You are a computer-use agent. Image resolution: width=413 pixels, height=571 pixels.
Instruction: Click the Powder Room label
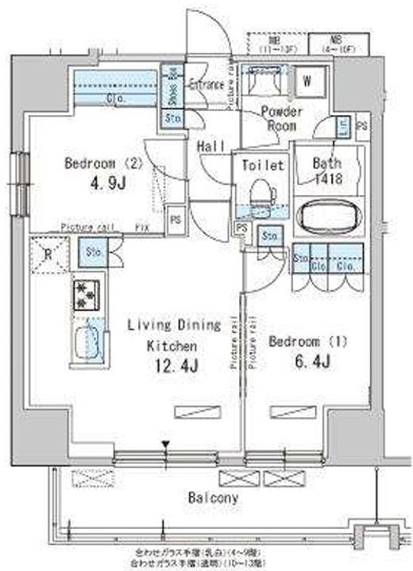(x=280, y=118)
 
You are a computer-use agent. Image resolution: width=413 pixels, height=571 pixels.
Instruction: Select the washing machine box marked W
(x=307, y=80)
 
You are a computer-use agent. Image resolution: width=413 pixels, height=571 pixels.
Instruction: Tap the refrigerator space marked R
(x=48, y=254)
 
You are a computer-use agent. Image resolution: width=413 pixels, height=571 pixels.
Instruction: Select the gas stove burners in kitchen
(x=84, y=294)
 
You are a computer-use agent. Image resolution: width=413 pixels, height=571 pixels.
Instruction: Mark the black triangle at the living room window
(x=165, y=444)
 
